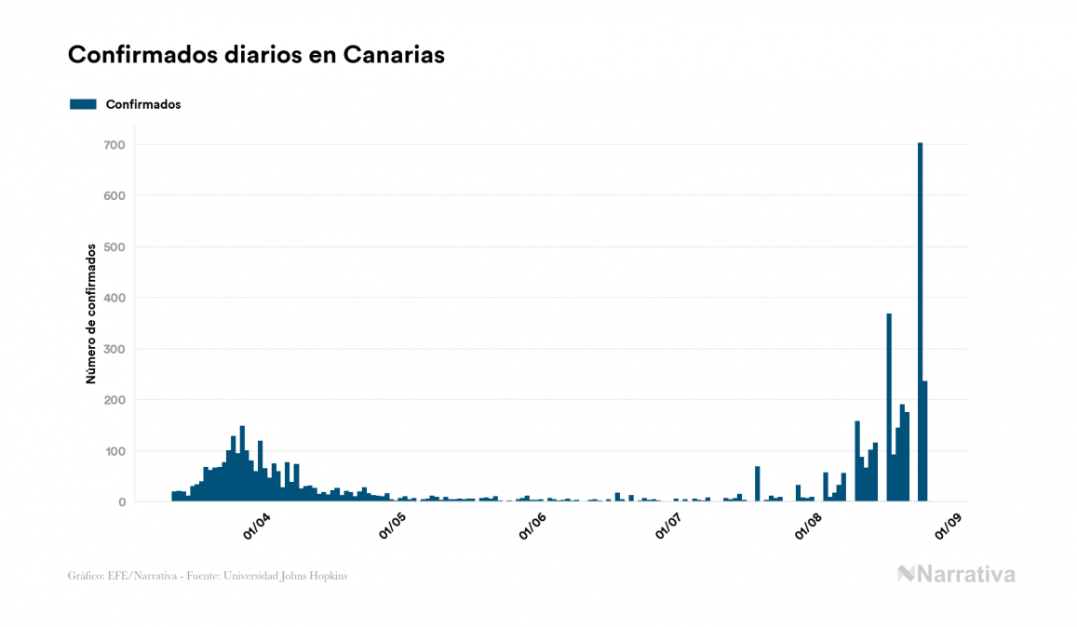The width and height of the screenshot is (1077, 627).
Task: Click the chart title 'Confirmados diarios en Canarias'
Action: pyautogui.click(x=256, y=55)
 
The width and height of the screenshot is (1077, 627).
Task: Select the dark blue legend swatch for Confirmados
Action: pyautogui.click(x=83, y=104)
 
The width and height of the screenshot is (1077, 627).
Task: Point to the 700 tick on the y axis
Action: pyautogui.click(x=114, y=145)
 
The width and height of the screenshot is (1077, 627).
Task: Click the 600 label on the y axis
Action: pyautogui.click(x=114, y=196)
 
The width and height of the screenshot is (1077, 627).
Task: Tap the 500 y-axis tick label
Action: pyautogui.click(x=114, y=247)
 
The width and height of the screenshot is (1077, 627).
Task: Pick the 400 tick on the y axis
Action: pyautogui.click(x=114, y=298)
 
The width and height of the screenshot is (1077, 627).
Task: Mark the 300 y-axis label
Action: pyautogui.click(x=114, y=349)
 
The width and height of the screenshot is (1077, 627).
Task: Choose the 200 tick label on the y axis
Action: pyautogui.click(x=114, y=400)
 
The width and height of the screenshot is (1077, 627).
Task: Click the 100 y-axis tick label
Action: pyautogui.click(x=114, y=451)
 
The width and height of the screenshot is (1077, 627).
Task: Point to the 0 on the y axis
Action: pyautogui.click(x=121, y=502)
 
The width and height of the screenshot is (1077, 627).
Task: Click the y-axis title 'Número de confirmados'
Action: pyautogui.click(x=91, y=314)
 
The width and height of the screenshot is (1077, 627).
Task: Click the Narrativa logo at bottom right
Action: pyautogui.click(x=956, y=574)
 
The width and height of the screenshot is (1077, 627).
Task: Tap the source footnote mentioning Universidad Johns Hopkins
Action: pyautogui.click(x=208, y=576)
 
